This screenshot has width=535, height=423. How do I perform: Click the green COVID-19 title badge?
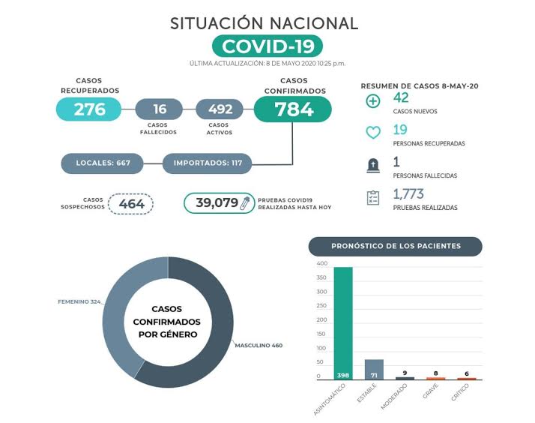(x=267, y=46)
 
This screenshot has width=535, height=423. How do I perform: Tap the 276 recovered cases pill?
(x=89, y=109)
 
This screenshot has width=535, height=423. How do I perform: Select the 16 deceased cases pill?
(x=158, y=109)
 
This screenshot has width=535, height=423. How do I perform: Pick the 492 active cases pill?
(x=220, y=109)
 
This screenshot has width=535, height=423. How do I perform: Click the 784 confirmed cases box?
(x=293, y=109)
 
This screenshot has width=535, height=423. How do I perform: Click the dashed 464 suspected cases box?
(x=131, y=203)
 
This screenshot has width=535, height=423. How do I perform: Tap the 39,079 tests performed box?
(x=217, y=203)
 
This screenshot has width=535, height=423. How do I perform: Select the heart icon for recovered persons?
(x=372, y=133)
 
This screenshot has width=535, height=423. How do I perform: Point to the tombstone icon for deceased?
(x=372, y=166)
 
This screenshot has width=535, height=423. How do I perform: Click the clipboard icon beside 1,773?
(x=372, y=197)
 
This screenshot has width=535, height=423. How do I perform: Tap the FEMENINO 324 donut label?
(x=79, y=301)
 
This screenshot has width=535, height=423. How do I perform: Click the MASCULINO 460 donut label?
(x=259, y=346)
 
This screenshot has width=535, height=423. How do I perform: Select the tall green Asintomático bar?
(x=343, y=322)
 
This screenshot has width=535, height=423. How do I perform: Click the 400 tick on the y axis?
(x=322, y=264)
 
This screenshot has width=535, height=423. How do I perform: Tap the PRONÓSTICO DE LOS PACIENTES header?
(x=396, y=246)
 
